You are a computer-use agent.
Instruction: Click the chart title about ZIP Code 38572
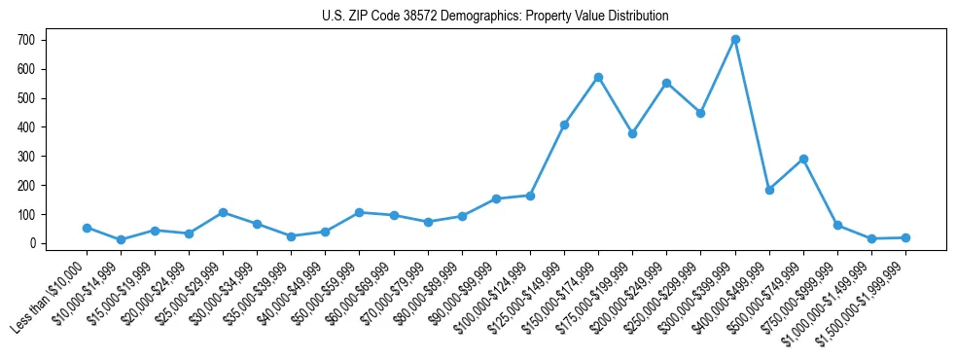pyautogui.click(x=495, y=17)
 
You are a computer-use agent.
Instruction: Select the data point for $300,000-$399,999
pyautogui.click(x=735, y=40)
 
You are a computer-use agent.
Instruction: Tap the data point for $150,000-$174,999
pyautogui.click(x=598, y=77)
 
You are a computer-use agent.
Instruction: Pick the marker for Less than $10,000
pyautogui.click(x=87, y=228)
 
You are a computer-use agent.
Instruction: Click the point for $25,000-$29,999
pyautogui.click(x=223, y=212)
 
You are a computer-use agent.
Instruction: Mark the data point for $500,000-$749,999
pyautogui.click(x=803, y=159)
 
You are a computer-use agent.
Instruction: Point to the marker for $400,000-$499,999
pyautogui.click(x=769, y=190)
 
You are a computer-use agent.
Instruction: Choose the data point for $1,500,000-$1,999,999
pyautogui.click(x=905, y=237)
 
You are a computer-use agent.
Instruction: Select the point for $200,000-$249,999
pyautogui.click(x=666, y=83)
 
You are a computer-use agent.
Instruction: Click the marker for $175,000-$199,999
pyautogui.click(x=632, y=133)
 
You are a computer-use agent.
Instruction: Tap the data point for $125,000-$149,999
pyautogui.click(x=564, y=125)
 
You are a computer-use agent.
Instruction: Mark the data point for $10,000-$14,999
pyautogui.click(x=121, y=239)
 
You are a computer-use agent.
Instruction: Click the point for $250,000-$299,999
pyautogui.click(x=700, y=113)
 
